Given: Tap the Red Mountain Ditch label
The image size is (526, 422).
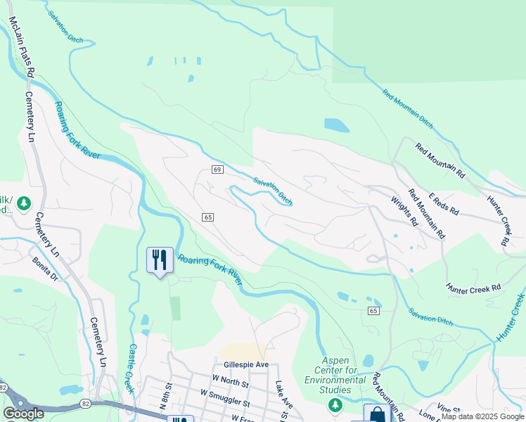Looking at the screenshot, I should pyautogui.click(x=408, y=108).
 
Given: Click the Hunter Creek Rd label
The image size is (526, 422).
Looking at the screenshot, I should pyautogui.click(x=473, y=288).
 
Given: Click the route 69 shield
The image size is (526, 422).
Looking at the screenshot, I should pyautogui.click(x=217, y=170).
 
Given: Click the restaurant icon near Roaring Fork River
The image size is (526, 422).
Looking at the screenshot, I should pyautogui.click(x=160, y=260).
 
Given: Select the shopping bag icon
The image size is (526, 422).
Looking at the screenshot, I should pyautogui.click(x=376, y=414).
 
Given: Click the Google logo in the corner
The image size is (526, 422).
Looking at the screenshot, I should pyautogui.click(x=23, y=414).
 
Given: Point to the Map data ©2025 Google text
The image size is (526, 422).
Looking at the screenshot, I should pyautogui.click(x=482, y=416).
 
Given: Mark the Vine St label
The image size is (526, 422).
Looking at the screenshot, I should pyautogui.click(x=448, y=409).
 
